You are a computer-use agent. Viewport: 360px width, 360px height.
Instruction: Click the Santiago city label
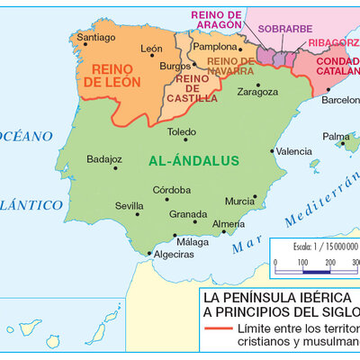(96, 38)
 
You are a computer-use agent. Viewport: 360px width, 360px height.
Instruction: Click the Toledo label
(181, 130)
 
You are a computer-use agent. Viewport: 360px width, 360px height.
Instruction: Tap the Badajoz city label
(104, 159)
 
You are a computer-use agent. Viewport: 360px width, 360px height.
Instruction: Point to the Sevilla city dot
(138, 213)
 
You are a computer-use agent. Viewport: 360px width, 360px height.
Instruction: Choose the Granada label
(188, 214)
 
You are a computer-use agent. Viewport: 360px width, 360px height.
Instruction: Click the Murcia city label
(238, 202)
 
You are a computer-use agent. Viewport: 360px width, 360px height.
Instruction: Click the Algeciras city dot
(149, 254)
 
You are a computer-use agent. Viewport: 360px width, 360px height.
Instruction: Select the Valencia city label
(294, 152)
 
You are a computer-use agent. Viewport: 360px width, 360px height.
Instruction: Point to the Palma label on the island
(336, 137)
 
